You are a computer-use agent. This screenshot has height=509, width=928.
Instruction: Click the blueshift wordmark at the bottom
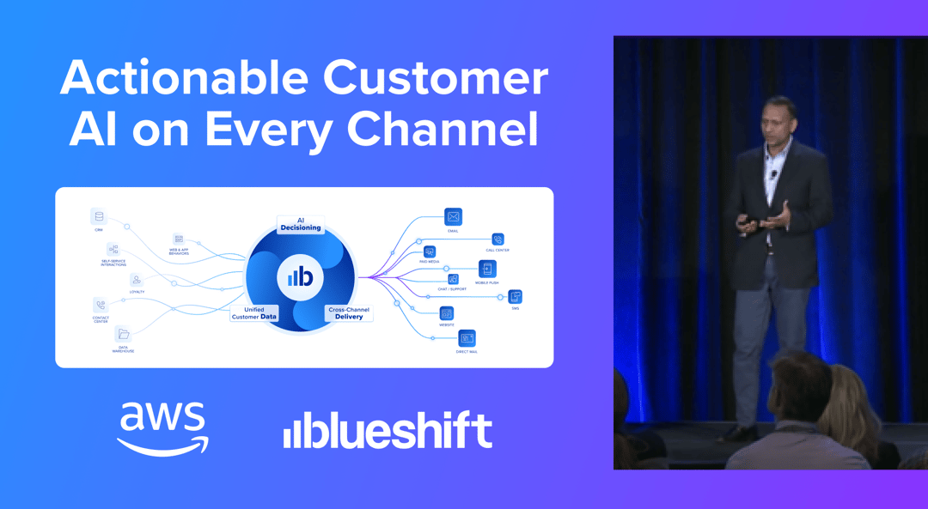pyautogui.click(x=388, y=430)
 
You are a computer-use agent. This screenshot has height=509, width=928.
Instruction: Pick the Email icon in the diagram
pyautogui.click(x=453, y=216)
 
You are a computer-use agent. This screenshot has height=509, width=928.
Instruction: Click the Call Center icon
pyautogui.click(x=498, y=239)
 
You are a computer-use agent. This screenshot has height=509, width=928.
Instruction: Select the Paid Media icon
pyautogui.click(x=430, y=252)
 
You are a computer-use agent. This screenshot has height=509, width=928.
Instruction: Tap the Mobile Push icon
pyautogui.click(x=487, y=270)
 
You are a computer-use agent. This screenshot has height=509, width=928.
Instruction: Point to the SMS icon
pyautogui.click(x=515, y=297)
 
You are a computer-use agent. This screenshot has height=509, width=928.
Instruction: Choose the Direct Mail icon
pyautogui.click(x=467, y=338)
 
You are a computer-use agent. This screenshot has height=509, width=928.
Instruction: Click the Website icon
pyautogui.click(x=447, y=313)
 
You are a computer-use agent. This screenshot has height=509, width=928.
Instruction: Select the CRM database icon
pyautogui.click(x=99, y=217)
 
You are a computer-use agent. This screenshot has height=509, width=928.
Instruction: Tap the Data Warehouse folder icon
pyautogui.click(x=123, y=334)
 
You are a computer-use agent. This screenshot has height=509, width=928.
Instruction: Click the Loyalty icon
pyautogui.click(x=137, y=280)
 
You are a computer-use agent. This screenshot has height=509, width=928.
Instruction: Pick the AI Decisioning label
pyautogui.click(x=301, y=224)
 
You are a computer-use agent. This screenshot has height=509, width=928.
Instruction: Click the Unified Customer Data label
pyautogui.click(x=254, y=313)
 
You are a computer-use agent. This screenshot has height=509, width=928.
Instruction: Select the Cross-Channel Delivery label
pyautogui.click(x=349, y=313)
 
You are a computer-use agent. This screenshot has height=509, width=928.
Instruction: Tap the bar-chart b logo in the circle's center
pyautogui.click(x=300, y=276)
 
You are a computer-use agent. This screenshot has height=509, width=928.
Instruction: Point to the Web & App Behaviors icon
pyautogui.click(x=178, y=238)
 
